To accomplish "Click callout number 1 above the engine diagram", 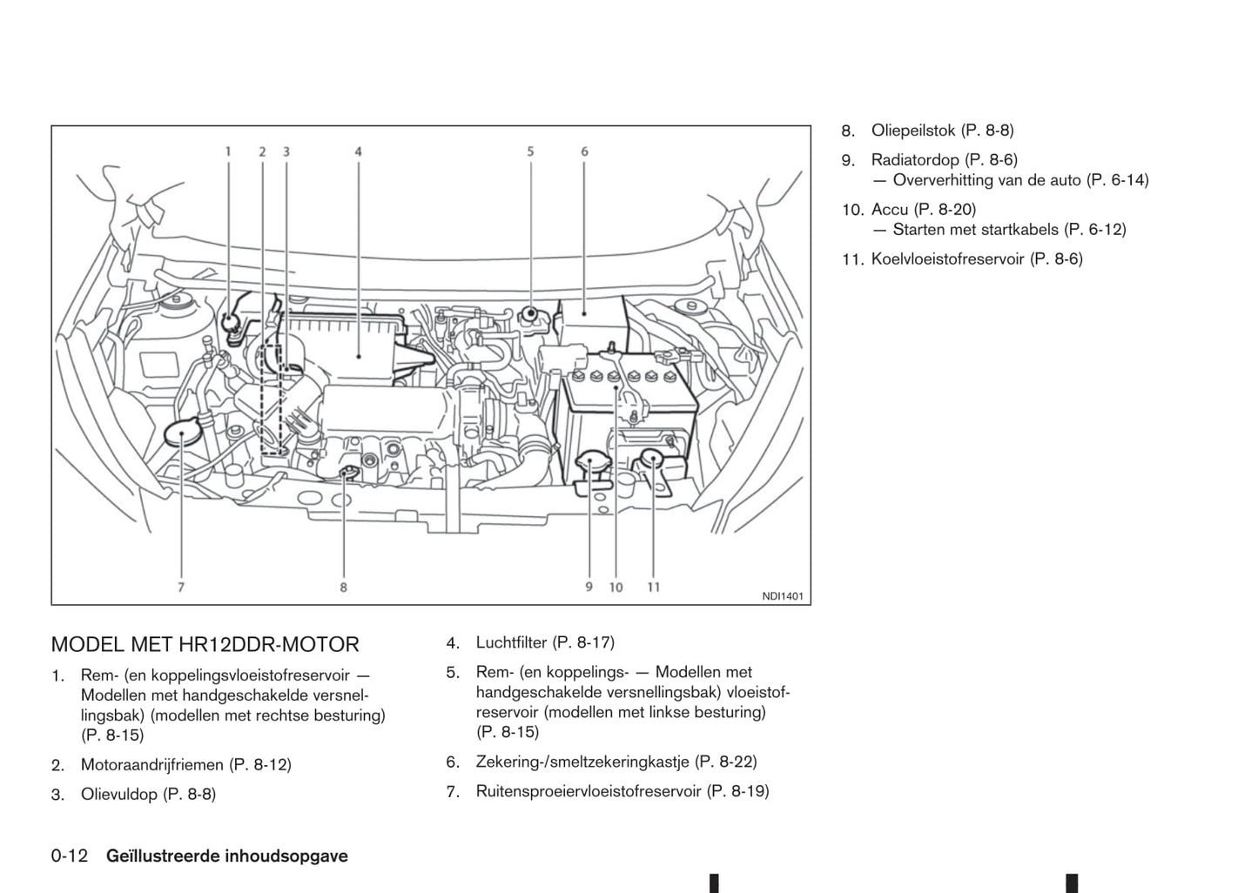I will tap(229, 151).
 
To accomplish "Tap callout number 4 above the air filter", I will tap(359, 151).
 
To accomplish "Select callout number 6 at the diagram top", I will tap(584, 151).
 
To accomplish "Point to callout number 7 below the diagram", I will tap(181, 587).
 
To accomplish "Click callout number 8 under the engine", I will tap(343, 587).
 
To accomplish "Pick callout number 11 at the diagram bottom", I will tap(653, 587).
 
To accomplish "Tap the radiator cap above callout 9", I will tap(592, 461).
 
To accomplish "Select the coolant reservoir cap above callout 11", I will tap(652, 460).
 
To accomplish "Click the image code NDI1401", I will tap(782, 596).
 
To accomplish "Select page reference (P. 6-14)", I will tap(1118, 180).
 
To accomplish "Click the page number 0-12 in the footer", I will tap(70, 856).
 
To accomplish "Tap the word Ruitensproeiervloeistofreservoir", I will tap(588, 791).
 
